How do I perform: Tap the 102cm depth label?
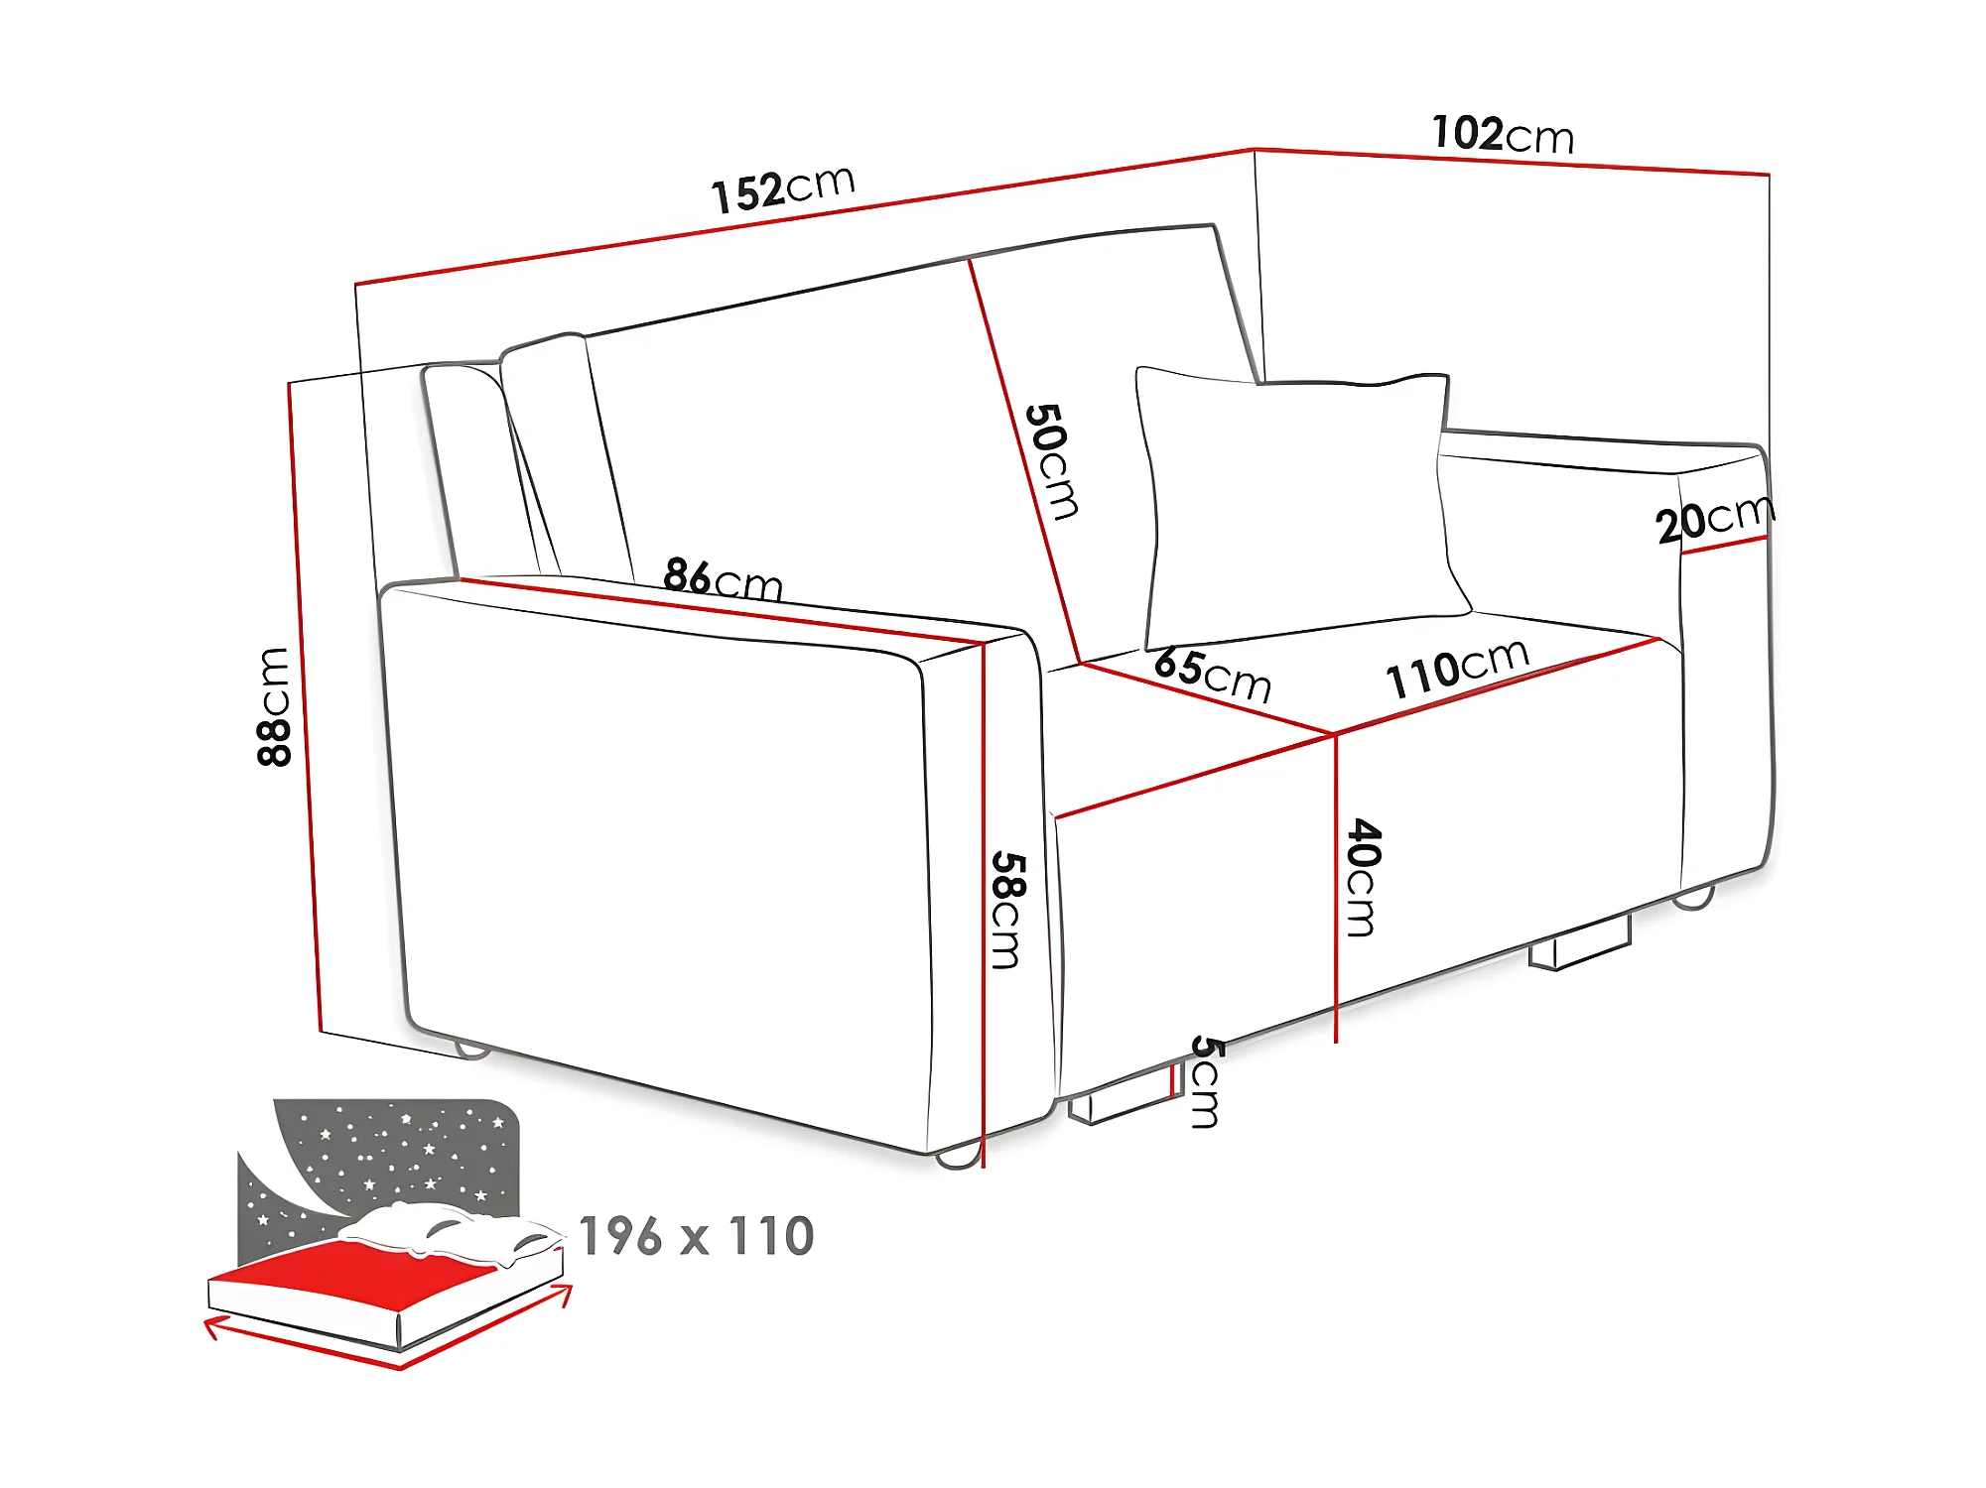1503,134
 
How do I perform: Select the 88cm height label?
273,706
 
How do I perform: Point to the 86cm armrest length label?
723,579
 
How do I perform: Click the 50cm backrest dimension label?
1052,461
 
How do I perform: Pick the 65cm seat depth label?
1213,675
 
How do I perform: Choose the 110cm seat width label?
1457,668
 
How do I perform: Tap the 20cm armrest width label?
1714,518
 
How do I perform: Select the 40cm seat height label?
1363,877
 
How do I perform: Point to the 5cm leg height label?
1205,1081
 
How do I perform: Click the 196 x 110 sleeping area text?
696,1236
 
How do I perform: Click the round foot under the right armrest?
1693,899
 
